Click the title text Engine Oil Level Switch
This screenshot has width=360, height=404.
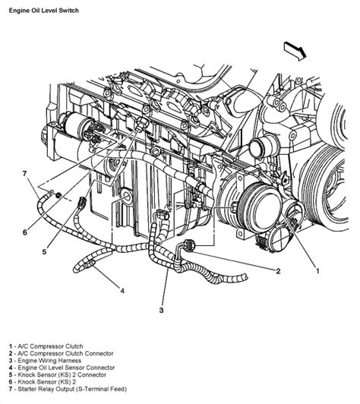44,11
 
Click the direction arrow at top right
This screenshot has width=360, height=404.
295,51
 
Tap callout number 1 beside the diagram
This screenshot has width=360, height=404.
317,271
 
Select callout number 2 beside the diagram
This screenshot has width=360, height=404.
278,271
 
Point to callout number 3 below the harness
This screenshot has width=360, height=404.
161,310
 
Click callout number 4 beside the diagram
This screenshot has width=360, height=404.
122,291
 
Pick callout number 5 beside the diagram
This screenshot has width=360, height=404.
44,251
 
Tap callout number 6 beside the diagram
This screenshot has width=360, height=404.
25,232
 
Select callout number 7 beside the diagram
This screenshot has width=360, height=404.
25,174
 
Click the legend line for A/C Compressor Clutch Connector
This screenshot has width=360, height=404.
61,354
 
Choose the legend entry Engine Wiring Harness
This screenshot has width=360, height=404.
45,361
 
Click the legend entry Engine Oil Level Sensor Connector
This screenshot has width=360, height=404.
62,368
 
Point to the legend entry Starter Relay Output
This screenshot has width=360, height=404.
68,389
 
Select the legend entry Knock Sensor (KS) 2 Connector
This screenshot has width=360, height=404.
58,374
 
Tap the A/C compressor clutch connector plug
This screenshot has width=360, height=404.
189,245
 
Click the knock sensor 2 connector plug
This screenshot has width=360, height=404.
81,203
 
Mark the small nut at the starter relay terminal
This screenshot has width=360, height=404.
58,196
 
